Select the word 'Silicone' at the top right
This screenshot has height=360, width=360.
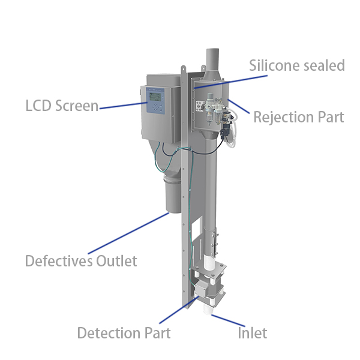[277, 65]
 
